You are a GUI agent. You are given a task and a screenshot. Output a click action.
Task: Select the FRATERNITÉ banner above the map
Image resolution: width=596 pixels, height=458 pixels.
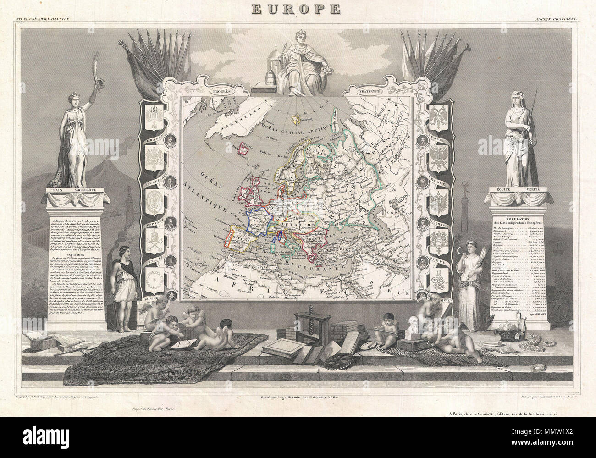pos(375,90)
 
